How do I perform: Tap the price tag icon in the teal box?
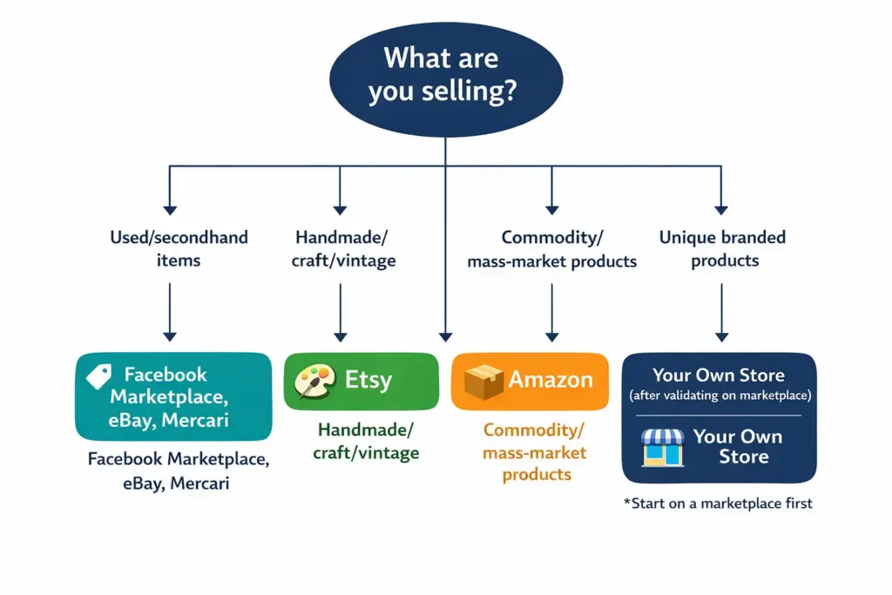[98, 376]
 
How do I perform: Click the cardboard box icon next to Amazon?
[483, 381]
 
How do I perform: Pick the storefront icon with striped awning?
[663, 446]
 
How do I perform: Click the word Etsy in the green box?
[368, 381]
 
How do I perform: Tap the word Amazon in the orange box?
[551, 381]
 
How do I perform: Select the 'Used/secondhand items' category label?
[179, 247]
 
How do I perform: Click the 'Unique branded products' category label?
[722, 248]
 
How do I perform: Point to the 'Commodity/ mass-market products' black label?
[551, 248]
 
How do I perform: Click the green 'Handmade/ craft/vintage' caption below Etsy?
[367, 441]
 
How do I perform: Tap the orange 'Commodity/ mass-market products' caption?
[535, 452]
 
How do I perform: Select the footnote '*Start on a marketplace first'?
[718, 503]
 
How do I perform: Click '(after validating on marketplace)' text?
[719, 396]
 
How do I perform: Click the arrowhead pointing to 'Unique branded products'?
[721, 209]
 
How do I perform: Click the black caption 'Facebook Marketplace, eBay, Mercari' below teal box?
[178, 470]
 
